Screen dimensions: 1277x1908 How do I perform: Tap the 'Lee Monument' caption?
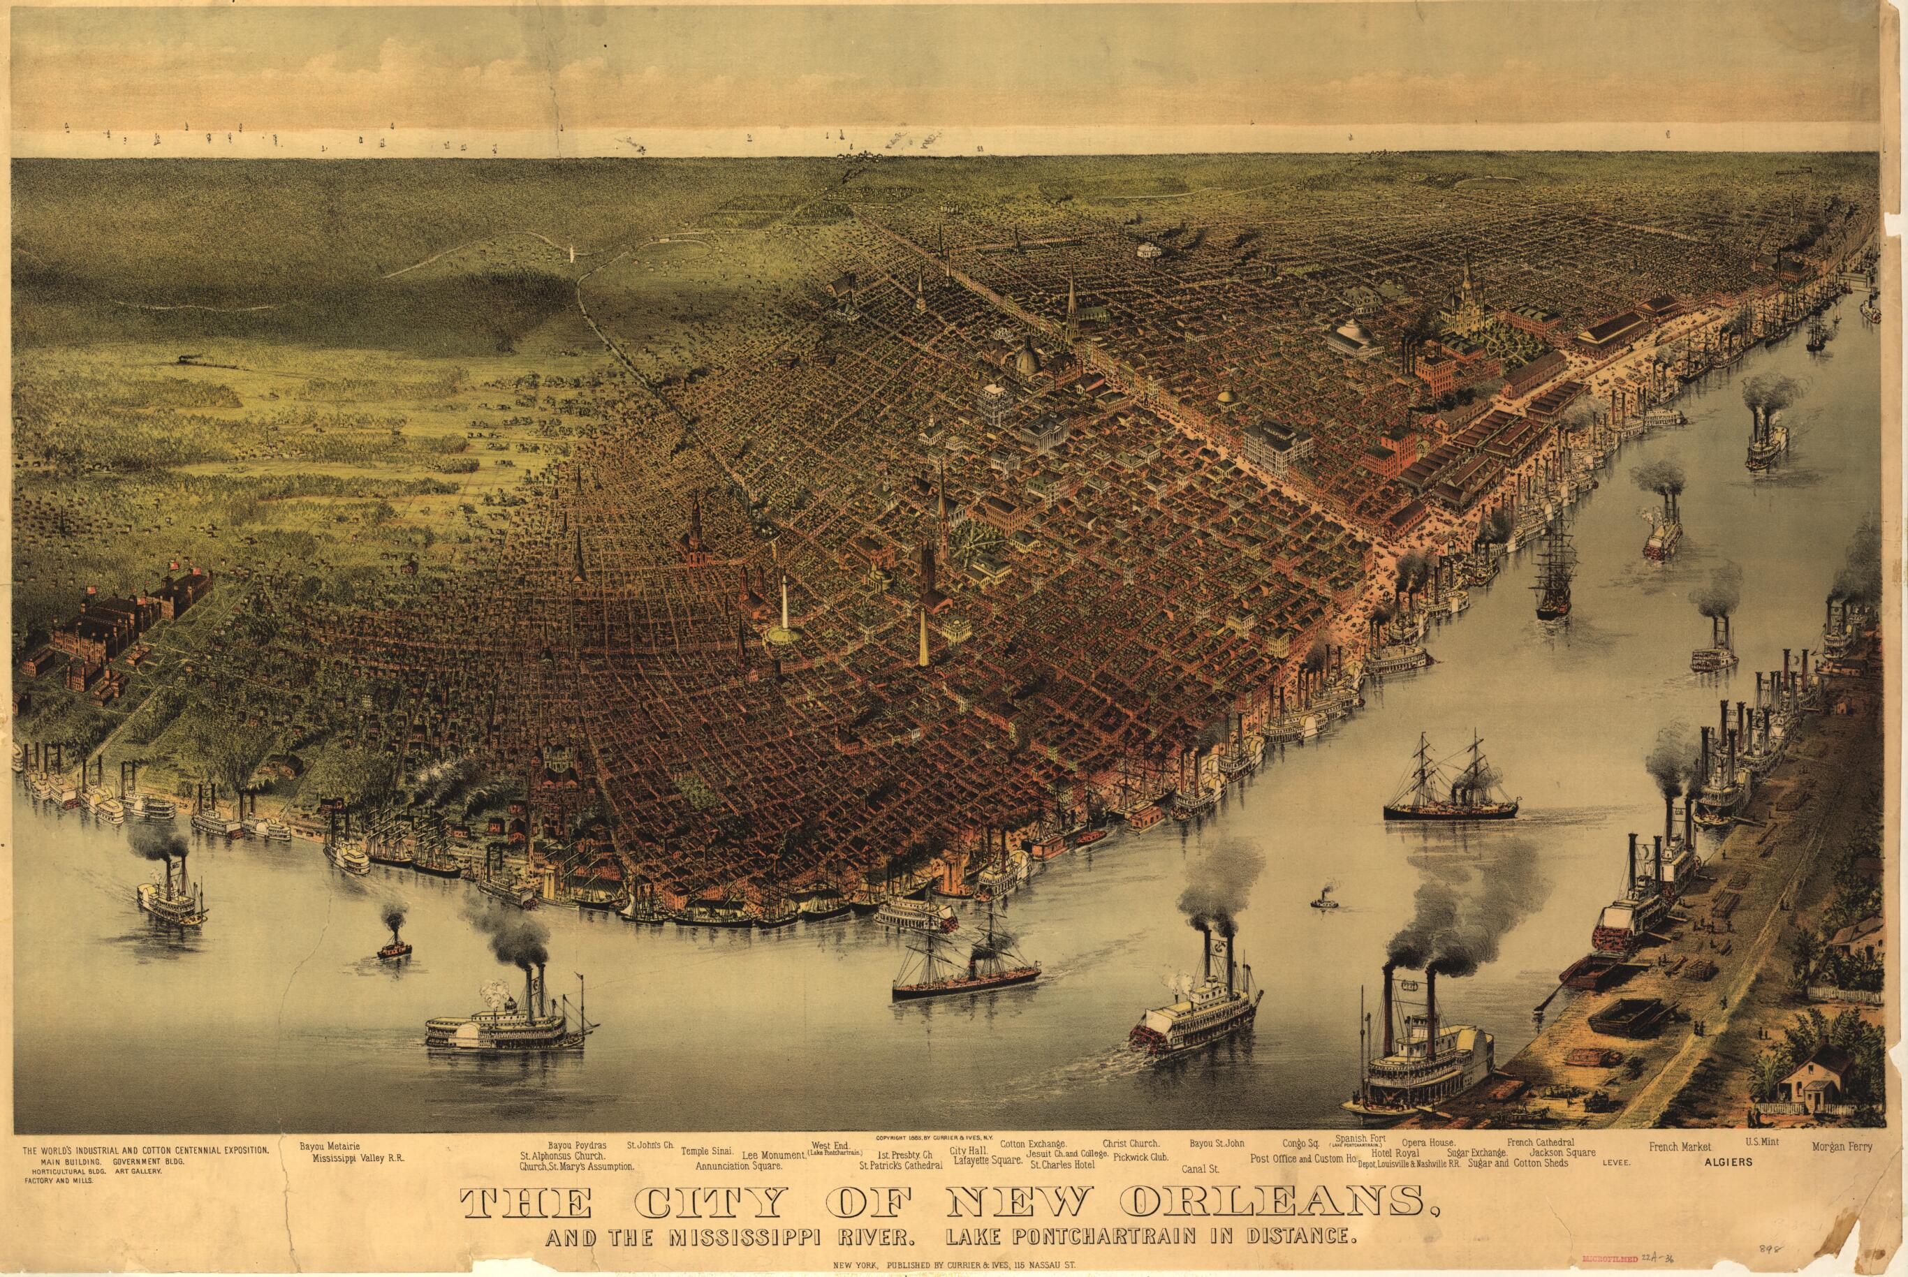pos(772,1155)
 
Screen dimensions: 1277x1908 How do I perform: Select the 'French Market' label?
pos(1679,1146)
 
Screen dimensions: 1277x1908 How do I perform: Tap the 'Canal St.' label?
pos(1199,1169)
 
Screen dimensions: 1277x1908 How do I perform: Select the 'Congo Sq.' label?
pos(1300,1144)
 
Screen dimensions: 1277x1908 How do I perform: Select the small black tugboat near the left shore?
pos(395,945)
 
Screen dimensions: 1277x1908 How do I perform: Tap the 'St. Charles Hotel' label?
pos(1062,1165)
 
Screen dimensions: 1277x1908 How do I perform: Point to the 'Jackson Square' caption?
pos(1562,1153)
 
